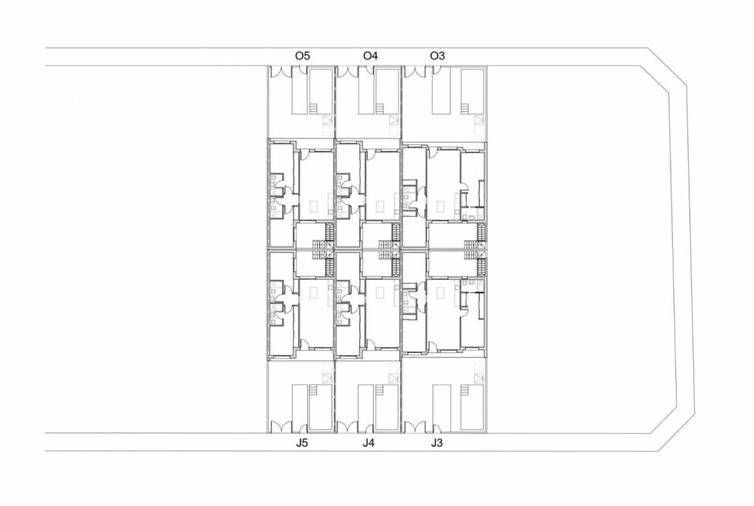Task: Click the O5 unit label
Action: click(302, 56)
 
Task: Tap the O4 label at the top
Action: click(371, 56)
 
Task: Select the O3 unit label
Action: click(437, 56)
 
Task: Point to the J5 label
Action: click(302, 443)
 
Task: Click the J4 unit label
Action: click(369, 443)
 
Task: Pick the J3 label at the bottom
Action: click(436, 443)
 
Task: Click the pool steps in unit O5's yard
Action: click(314, 109)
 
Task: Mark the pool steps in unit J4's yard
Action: click(380, 390)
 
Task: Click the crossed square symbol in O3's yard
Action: click(479, 121)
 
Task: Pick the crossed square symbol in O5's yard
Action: click(327, 121)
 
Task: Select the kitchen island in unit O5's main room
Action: click(314, 206)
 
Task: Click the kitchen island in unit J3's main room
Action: click(440, 293)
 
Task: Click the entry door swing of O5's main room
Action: click(304, 153)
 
